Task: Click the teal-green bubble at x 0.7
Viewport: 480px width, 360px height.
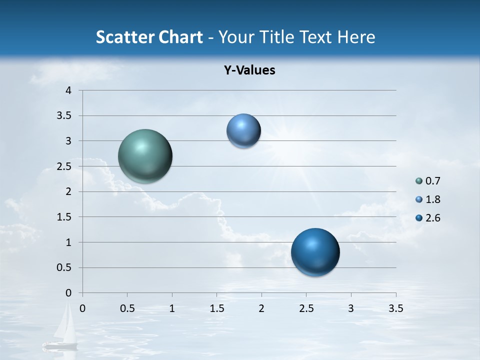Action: pos(145,156)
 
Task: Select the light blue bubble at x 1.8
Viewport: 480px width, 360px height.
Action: pos(243,130)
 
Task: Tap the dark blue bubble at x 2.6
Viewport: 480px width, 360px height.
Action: pos(315,252)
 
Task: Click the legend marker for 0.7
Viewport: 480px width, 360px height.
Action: pos(419,181)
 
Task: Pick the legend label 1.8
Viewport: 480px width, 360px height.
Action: pos(432,199)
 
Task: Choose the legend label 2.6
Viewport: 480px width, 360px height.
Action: pos(432,218)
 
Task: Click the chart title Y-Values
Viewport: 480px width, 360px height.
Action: pos(249,70)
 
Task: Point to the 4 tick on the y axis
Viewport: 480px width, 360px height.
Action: pos(68,90)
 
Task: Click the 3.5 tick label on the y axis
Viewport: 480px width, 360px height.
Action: pos(64,115)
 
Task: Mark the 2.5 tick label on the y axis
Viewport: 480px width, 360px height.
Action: pos(64,166)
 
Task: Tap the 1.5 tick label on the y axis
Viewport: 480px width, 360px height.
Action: pos(64,217)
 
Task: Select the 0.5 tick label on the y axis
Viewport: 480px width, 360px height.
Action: pos(64,267)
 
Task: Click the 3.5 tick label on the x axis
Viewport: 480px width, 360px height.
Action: pos(395,308)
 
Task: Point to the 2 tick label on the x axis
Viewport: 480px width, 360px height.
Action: pos(261,308)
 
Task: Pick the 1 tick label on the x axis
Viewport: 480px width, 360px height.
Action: pos(172,308)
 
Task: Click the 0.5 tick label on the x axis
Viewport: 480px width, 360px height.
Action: pos(127,308)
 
